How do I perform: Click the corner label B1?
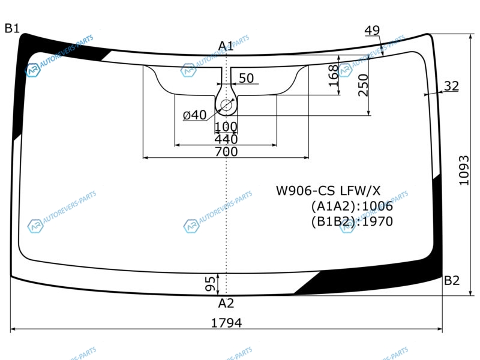tap(12, 28)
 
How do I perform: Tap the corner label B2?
tap(452, 280)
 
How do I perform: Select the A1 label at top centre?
tap(226, 46)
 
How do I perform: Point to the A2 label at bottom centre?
tap(226, 304)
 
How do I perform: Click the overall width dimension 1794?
tap(227, 323)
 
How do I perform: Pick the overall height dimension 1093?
tap(464, 170)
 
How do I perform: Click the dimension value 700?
tap(226, 152)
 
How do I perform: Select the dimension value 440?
tap(226, 139)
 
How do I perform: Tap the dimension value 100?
tap(226, 127)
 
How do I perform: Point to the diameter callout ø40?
tap(194, 115)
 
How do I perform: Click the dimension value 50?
tap(246, 78)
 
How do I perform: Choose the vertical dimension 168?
tap(333, 76)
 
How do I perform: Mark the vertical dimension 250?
tap(363, 85)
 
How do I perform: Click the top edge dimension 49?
tap(372, 31)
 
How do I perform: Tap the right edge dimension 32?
tap(451, 86)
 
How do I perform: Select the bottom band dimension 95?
tap(210, 284)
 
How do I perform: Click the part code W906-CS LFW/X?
tap(328, 191)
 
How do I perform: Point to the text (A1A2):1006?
tap(352, 206)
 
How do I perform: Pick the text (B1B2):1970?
tap(352, 221)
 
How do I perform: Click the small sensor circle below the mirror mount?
tap(226, 106)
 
